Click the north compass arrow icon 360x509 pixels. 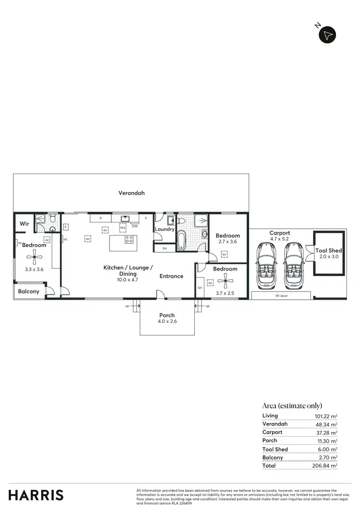coord(328,35)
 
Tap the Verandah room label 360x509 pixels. coord(132,193)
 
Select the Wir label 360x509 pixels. coord(24,223)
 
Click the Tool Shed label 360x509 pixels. coord(328,251)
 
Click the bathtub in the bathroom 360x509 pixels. coord(181,241)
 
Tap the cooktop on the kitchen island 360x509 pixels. coord(129,239)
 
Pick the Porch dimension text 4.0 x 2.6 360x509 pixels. coord(168,321)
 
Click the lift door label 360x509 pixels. coord(281,296)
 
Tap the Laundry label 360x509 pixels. coord(164,229)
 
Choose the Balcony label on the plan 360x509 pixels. coord(28,292)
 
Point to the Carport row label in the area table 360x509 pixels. coord(272,432)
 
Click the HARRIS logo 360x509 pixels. coord(36,495)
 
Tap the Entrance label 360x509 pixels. coord(171,276)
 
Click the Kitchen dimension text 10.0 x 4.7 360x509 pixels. coord(127,279)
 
